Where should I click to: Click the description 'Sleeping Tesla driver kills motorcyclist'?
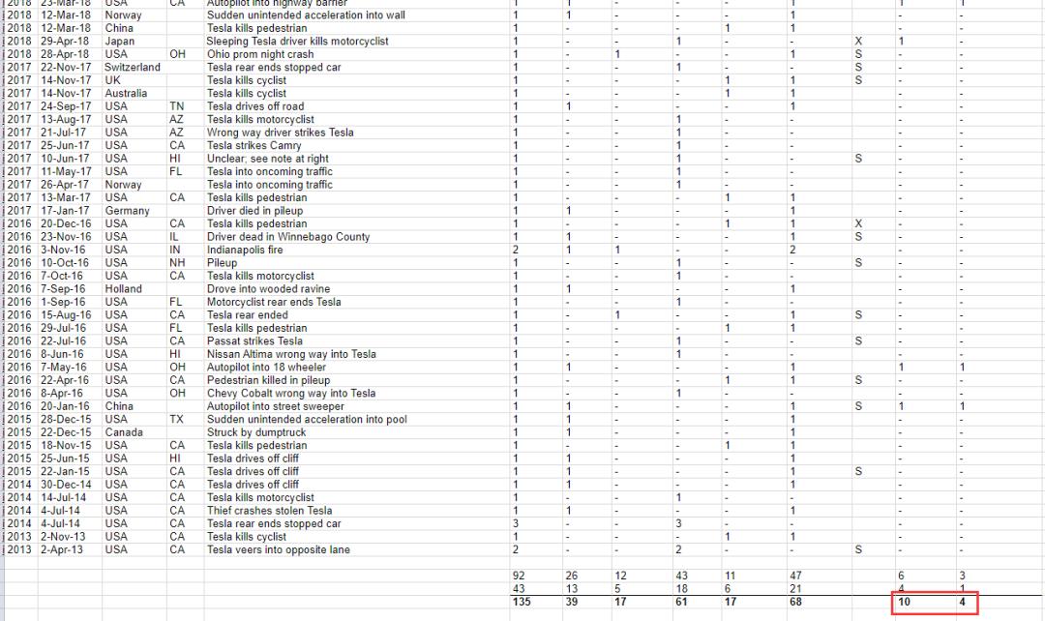[x=297, y=42]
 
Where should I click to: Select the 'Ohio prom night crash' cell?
[x=260, y=55]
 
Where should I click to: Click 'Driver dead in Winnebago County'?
[x=288, y=237]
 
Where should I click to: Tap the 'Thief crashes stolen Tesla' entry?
[x=269, y=511]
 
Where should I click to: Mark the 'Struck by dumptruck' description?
[x=256, y=432]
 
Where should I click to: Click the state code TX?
[x=176, y=420]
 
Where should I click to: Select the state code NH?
[x=177, y=263]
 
